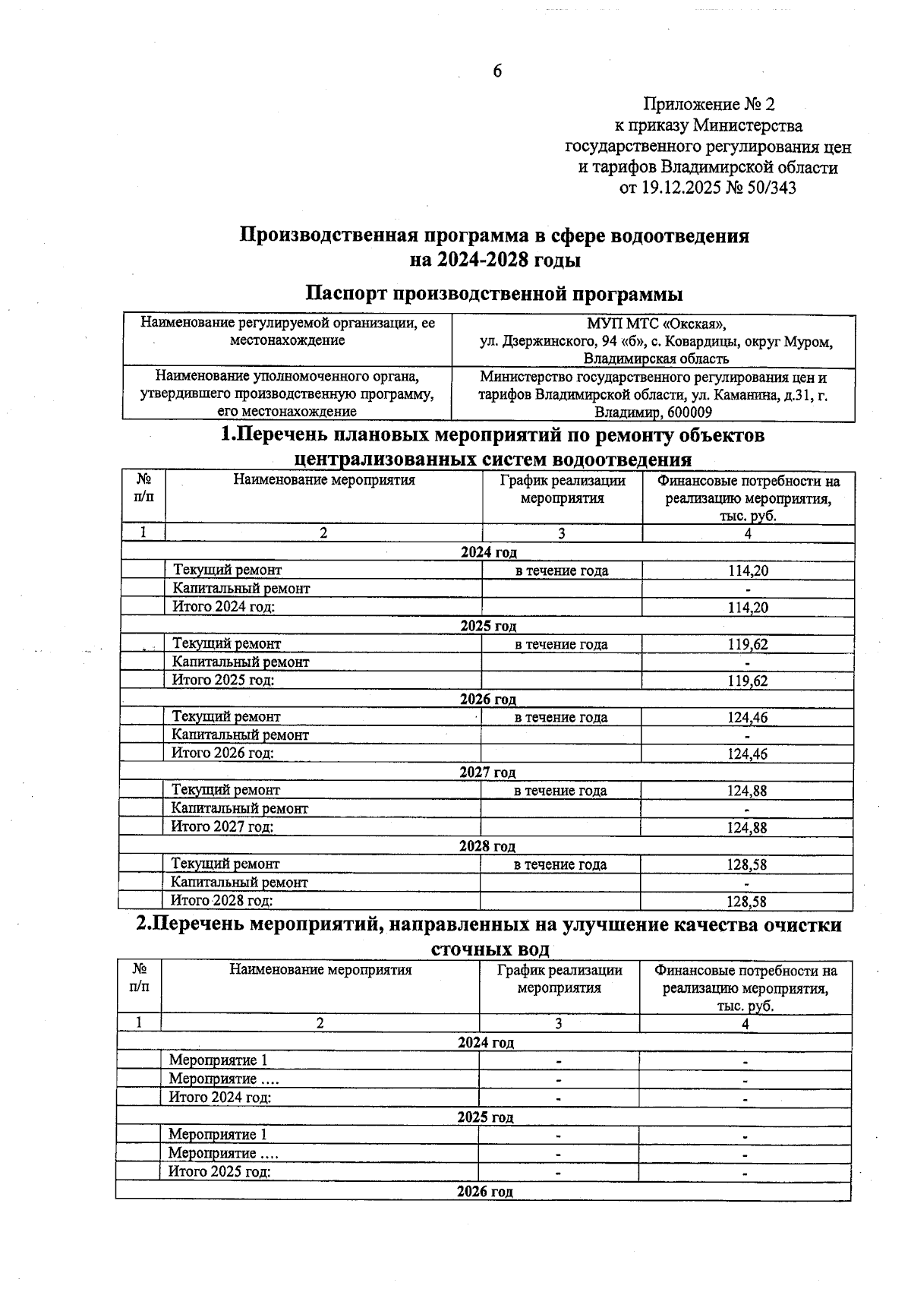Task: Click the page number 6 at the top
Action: point(497,71)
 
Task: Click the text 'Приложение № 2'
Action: point(708,104)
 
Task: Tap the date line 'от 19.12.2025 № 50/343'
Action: point(708,188)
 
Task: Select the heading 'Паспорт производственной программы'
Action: point(493,293)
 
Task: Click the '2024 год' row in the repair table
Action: point(488,552)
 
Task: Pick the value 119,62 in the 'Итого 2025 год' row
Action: point(747,681)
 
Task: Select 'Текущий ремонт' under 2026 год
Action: point(226,716)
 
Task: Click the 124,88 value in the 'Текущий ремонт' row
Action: point(747,791)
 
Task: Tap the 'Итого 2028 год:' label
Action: point(222,901)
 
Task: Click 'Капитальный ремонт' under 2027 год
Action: point(240,809)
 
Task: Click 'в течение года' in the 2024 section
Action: point(562,571)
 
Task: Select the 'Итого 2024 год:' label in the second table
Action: point(220,1097)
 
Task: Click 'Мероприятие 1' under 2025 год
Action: point(218,1134)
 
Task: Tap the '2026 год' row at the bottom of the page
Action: point(484,1191)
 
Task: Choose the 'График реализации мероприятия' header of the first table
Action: point(562,489)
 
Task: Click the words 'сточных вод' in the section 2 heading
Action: point(490,949)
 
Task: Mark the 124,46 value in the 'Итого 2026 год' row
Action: point(747,754)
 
